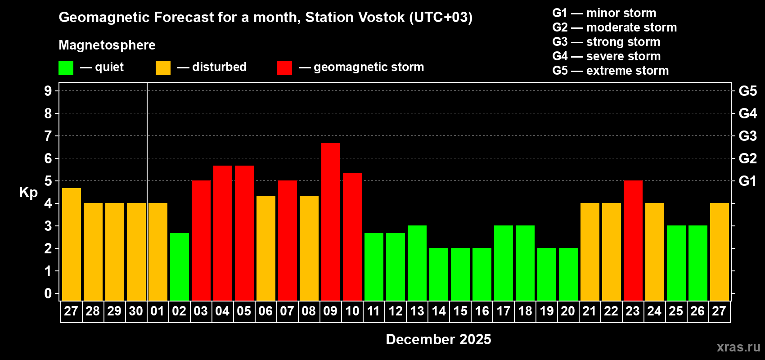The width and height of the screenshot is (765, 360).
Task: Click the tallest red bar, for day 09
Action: (x=331, y=222)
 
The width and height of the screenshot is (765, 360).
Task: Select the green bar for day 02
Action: (x=180, y=267)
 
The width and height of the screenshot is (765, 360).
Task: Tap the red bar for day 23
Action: (x=633, y=240)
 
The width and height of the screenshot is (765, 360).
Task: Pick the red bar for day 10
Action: (x=352, y=237)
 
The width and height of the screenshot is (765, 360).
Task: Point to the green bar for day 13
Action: (x=417, y=263)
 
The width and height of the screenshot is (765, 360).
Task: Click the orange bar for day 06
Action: (x=266, y=248)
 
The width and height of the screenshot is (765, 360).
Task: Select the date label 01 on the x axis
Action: (x=157, y=311)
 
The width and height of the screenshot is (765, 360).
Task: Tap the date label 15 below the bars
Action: (x=460, y=311)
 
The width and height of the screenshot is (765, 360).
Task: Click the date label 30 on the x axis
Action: (x=136, y=311)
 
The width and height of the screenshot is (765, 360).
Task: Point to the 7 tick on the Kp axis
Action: (x=48, y=136)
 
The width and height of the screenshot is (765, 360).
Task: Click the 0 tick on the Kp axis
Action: (x=48, y=293)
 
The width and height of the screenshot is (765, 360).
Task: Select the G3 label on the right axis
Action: (x=747, y=136)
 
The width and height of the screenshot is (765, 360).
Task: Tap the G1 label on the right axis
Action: (x=747, y=181)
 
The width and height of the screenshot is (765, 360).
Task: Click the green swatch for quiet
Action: (x=66, y=67)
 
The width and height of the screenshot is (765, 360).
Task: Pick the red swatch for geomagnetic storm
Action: (x=285, y=67)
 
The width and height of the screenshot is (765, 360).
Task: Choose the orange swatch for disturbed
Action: (x=163, y=67)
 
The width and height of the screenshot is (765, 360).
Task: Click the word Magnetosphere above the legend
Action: (x=107, y=45)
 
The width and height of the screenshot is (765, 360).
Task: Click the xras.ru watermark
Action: (x=738, y=347)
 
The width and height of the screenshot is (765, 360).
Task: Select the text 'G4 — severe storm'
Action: (x=607, y=56)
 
